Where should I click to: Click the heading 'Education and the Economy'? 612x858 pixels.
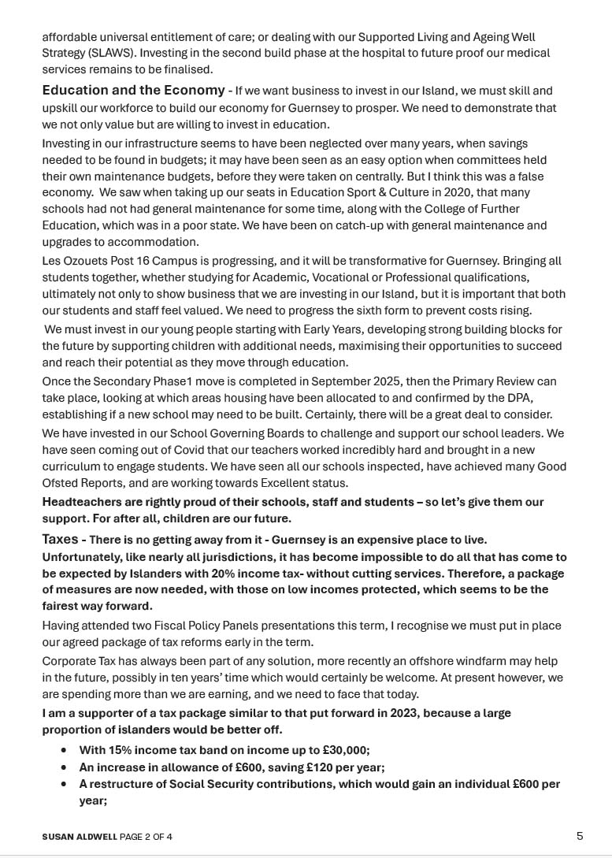tap(133, 91)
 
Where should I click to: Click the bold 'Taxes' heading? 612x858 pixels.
tap(60, 540)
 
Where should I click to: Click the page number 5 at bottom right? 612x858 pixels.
tap(580, 836)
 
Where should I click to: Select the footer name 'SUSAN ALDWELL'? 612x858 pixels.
tap(79, 837)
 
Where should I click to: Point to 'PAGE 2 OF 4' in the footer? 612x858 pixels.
tap(147, 837)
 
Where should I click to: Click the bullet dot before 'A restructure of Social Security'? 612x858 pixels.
tap(64, 785)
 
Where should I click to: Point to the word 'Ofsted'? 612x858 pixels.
tap(61, 483)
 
